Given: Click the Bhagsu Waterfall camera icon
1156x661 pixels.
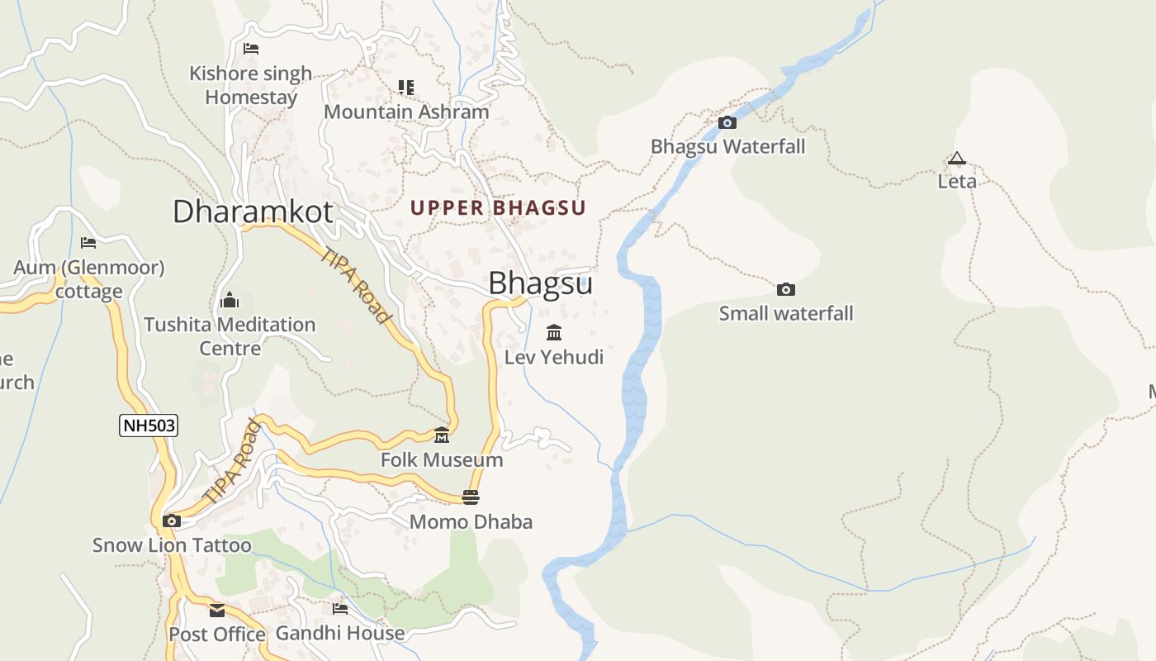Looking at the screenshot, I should (x=727, y=122).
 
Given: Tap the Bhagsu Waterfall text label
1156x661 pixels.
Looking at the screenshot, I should (x=727, y=146).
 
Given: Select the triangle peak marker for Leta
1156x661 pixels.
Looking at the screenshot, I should (x=957, y=158).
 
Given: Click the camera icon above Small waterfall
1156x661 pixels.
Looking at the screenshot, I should (x=786, y=289).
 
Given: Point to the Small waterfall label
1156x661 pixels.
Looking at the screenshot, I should (x=786, y=313).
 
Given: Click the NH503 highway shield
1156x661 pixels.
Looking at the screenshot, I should (x=149, y=426).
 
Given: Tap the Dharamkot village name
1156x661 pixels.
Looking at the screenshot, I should (x=253, y=212).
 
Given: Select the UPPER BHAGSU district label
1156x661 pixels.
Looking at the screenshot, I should (x=498, y=208).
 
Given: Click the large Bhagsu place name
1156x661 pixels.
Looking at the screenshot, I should (x=540, y=283).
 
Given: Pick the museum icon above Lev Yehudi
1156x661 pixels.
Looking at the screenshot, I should (x=554, y=333).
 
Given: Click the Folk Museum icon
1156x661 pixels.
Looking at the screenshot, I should (x=442, y=435).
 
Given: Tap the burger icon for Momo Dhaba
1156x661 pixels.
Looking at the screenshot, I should (x=471, y=497).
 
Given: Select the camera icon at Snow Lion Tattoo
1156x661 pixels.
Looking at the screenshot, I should (x=172, y=521).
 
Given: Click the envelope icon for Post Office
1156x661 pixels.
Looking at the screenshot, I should (x=217, y=611).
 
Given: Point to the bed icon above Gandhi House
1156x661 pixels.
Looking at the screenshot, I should (x=340, y=609).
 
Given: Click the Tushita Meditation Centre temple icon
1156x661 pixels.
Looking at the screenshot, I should (x=230, y=300).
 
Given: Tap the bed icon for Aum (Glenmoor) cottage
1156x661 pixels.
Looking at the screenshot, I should (x=88, y=243).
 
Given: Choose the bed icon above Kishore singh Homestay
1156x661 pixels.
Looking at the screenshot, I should (x=251, y=49).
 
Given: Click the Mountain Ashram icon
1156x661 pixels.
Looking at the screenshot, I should (x=405, y=87).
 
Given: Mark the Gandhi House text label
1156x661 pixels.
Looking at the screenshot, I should (x=340, y=633).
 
